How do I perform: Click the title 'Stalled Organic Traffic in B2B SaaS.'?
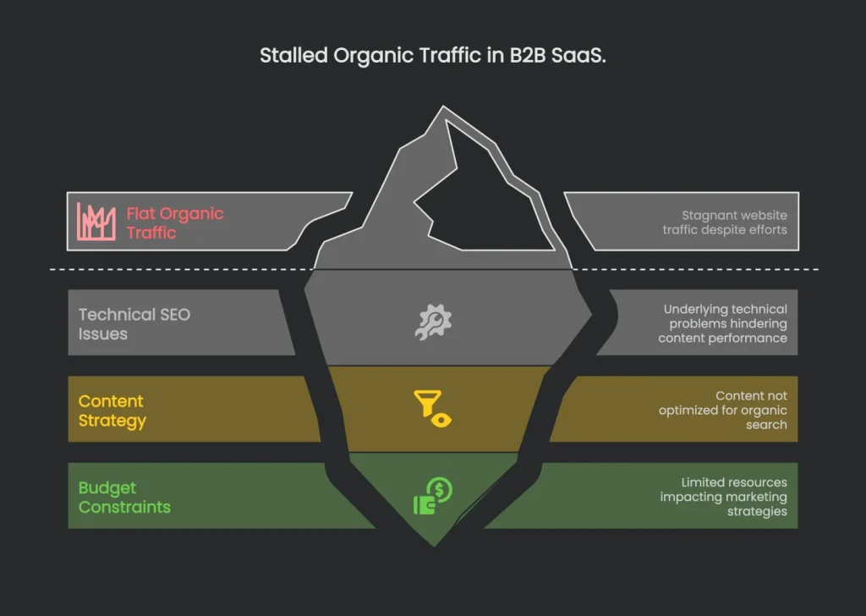(432, 57)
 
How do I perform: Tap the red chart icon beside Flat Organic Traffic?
(96, 222)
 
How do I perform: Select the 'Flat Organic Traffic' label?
(175, 223)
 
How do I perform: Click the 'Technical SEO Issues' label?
(134, 324)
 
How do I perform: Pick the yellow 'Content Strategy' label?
(112, 410)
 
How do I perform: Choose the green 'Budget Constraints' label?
(124, 498)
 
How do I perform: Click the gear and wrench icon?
(433, 322)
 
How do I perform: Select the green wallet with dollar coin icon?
(432, 496)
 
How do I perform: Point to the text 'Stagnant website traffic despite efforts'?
(733, 223)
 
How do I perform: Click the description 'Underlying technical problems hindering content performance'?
(723, 323)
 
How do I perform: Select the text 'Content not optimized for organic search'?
(723, 410)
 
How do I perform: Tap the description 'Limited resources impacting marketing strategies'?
(723, 497)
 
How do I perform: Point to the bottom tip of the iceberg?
(434, 542)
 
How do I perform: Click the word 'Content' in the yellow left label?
(111, 401)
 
